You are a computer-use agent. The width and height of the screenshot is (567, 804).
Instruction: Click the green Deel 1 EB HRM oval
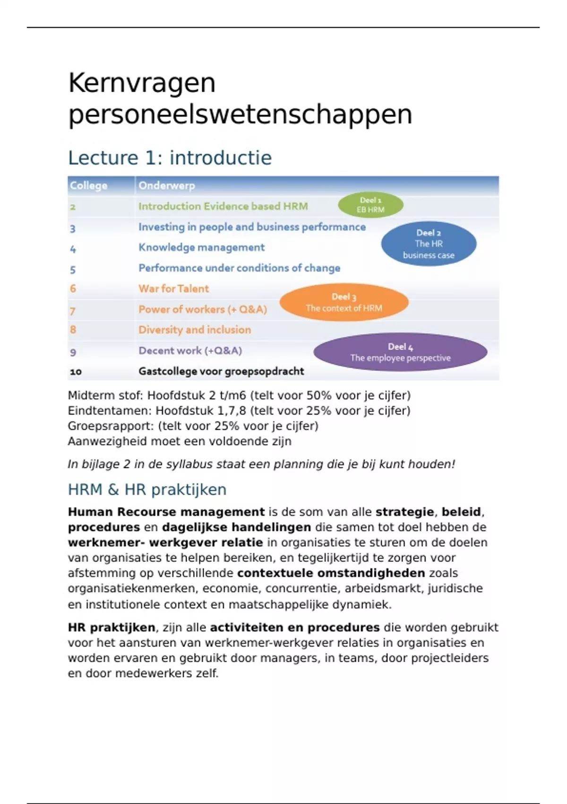point(370,205)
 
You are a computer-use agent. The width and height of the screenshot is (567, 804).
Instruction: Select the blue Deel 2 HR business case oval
point(429,244)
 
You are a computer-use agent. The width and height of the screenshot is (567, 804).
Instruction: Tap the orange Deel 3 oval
point(344,302)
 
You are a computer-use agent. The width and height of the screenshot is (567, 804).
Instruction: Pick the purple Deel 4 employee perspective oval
point(400,352)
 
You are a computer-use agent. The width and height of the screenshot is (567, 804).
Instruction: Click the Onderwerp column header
point(166,185)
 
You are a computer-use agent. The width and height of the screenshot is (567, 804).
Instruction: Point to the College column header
point(88,185)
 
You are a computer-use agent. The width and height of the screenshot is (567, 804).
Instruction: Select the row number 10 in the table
point(76,372)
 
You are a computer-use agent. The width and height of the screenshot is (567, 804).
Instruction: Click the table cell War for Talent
point(173,288)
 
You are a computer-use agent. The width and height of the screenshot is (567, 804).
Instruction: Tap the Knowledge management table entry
point(201,247)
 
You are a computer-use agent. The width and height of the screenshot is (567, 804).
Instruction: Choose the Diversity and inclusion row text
point(195,330)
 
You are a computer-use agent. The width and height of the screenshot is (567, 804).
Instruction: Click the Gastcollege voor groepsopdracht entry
point(221,371)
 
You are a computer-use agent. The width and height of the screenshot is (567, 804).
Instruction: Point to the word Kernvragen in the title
point(142,83)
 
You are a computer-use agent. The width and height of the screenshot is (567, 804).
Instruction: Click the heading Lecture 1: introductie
point(170,157)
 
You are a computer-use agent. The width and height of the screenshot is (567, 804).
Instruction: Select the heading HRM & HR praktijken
point(147,489)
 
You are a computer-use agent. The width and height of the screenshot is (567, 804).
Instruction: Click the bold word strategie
point(404,512)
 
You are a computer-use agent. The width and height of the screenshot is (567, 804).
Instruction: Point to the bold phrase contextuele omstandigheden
point(331,573)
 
